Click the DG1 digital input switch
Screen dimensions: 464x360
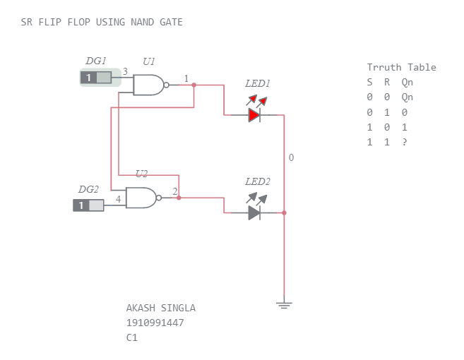[x=96, y=78]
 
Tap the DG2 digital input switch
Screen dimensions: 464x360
[x=88, y=205]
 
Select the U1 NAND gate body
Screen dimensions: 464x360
[x=148, y=85]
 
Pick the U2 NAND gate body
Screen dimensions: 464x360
[x=141, y=198]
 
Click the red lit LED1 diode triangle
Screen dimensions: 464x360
[x=254, y=115]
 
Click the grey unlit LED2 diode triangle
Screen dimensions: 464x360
[x=254, y=212]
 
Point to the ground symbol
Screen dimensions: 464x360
[x=284, y=305]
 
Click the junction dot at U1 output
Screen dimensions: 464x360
[x=194, y=85]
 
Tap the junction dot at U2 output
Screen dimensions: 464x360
[x=179, y=198]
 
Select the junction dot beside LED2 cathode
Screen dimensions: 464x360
[x=284, y=212]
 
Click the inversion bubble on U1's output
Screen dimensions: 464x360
[x=166, y=85]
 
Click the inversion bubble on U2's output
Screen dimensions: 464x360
[x=159, y=198]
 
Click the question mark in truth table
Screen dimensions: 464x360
[x=405, y=142]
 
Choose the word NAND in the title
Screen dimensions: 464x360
[x=143, y=22]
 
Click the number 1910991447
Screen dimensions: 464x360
[x=155, y=323]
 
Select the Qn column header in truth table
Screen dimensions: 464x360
[x=408, y=82]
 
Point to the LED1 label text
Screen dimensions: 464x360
[x=258, y=84]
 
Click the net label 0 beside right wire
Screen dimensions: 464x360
[x=291, y=157]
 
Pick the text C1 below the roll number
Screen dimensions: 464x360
[x=131, y=337]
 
